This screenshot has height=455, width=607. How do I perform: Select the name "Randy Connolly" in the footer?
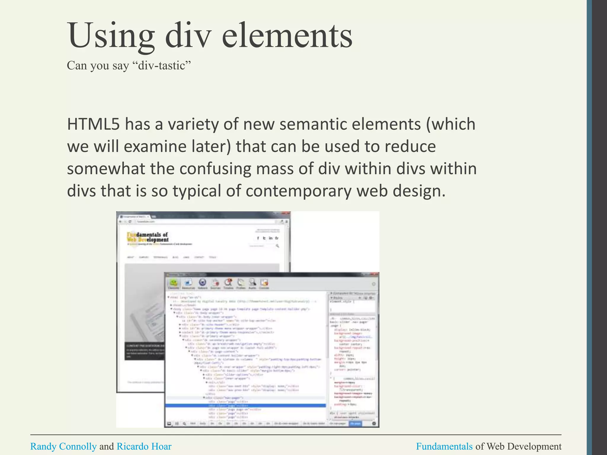click(63, 446)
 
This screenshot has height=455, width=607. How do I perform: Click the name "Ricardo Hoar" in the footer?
click(144, 446)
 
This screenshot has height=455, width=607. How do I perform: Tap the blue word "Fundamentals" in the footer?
click(444, 446)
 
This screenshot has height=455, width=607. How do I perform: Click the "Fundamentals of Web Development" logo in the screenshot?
click(148, 237)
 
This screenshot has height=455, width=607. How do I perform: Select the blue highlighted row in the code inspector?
click(245, 406)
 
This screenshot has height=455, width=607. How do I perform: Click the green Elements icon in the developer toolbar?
click(174, 283)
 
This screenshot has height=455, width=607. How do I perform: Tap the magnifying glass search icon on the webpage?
click(277, 246)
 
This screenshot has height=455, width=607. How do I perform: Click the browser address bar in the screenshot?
click(205, 222)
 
